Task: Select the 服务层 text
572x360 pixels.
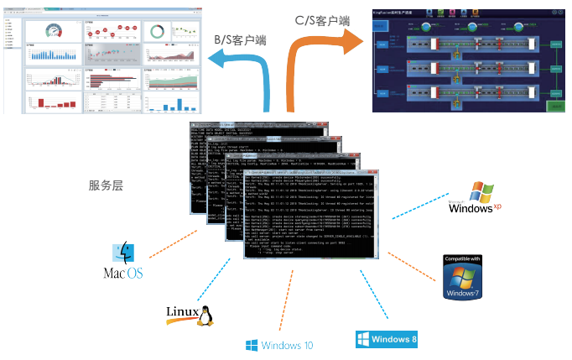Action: [x=107, y=185]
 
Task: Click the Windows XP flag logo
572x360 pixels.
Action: [x=485, y=192]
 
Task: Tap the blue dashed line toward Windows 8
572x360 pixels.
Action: [x=372, y=298]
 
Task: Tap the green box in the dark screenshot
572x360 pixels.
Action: [x=552, y=106]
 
